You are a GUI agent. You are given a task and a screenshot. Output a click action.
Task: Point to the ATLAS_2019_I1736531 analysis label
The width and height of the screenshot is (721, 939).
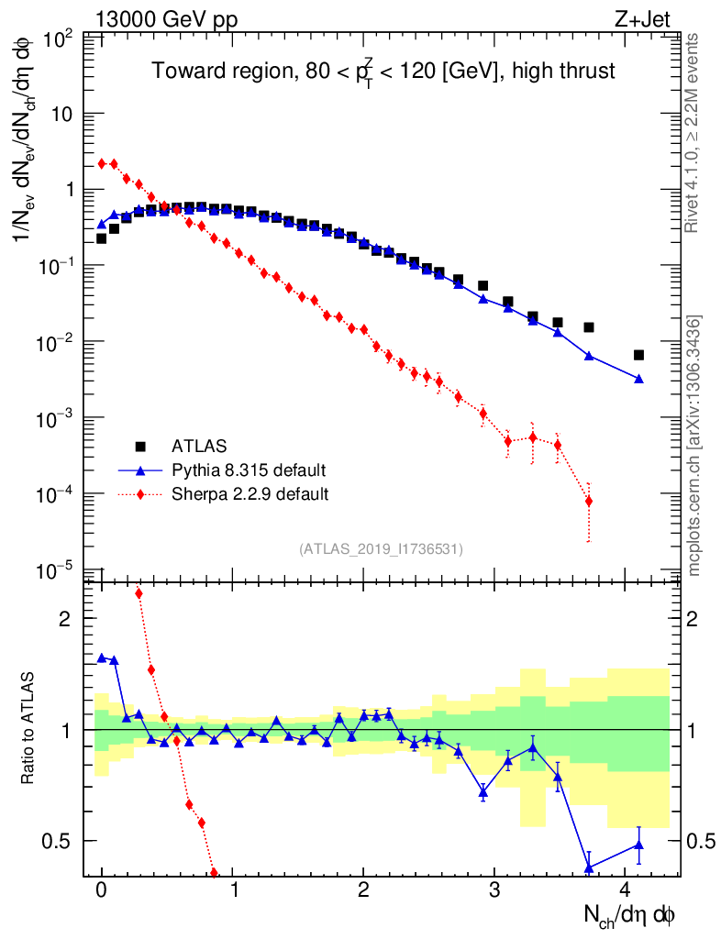[381, 549]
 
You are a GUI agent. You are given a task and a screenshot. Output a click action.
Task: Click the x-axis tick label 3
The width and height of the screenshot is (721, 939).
[494, 889]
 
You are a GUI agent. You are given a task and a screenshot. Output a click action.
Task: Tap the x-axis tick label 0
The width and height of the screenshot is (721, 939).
[102, 889]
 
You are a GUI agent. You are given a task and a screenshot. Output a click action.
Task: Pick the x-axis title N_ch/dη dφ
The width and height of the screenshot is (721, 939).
[632, 914]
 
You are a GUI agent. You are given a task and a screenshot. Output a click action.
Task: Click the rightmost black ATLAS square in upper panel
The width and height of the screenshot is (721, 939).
[638, 355]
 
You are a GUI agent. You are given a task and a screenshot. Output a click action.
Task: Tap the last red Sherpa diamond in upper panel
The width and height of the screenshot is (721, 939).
[588, 501]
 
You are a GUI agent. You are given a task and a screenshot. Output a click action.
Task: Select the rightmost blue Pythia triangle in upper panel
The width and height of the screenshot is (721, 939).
[638, 378]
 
